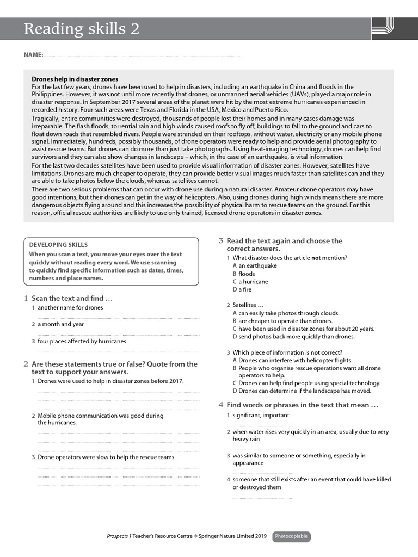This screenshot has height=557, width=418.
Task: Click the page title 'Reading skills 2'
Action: click(x=81, y=29)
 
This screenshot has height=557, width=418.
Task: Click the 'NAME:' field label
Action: click(x=33, y=55)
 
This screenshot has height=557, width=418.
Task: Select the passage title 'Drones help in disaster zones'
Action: click(x=75, y=79)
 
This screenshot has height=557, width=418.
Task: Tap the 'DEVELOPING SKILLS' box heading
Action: click(x=58, y=245)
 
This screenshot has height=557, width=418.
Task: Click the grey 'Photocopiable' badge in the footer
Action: click(x=292, y=536)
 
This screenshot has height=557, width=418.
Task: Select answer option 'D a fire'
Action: click(x=242, y=289)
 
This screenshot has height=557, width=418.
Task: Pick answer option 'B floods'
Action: click(x=244, y=274)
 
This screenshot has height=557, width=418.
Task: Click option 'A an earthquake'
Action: click(x=255, y=265)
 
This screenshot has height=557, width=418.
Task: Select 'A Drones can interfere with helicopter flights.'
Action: click(x=292, y=360)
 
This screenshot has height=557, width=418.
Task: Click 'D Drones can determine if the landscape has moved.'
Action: click(x=302, y=391)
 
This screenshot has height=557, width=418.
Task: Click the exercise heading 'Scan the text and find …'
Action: click(x=72, y=298)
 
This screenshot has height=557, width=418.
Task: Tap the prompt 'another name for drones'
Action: click(x=70, y=307)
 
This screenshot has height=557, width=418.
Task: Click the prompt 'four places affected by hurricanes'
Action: click(x=81, y=341)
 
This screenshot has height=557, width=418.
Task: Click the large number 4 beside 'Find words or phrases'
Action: click(x=221, y=405)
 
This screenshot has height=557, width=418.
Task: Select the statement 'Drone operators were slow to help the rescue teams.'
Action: click(x=106, y=457)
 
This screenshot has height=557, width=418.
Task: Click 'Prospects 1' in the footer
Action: click(x=119, y=536)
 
